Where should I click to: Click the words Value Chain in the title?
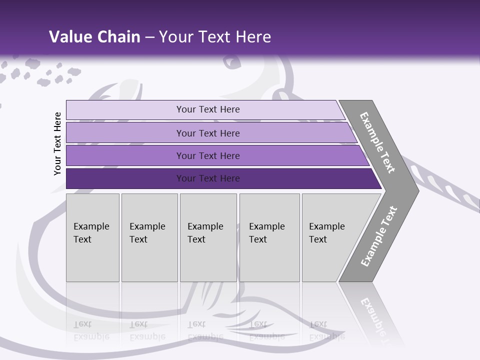pos(94,37)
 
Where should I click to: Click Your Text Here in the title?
pos(215,37)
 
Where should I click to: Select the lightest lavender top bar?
pos(125,110)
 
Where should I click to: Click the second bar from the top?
pos(125,133)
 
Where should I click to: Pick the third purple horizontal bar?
pos(125,156)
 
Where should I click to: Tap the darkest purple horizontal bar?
pos(125,178)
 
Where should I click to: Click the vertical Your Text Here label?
pos(57,144)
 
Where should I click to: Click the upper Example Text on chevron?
pos(377,143)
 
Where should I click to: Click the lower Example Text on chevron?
pos(378,236)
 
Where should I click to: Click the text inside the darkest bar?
pos(208,178)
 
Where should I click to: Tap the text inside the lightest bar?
pos(208,109)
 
